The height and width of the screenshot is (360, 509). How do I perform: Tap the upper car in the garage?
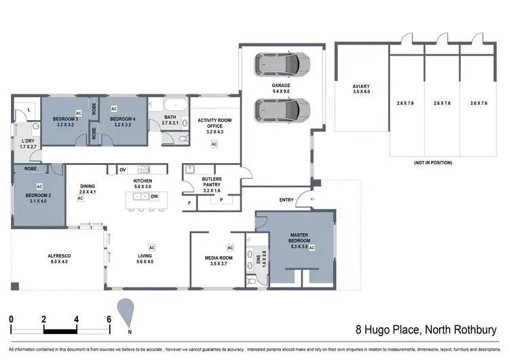[x=281, y=65]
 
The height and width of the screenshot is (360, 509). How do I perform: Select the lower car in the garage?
[x=281, y=109]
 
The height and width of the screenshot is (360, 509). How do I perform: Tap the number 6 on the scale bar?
[x=109, y=319]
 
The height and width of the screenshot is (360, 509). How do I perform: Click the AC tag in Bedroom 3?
[x=79, y=113]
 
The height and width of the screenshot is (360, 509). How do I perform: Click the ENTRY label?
[x=287, y=199]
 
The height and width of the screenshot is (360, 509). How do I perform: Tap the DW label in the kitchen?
[x=155, y=196]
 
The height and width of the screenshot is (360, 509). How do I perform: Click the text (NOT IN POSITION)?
[x=432, y=163]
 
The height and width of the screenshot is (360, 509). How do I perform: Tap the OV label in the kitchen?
[x=123, y=169]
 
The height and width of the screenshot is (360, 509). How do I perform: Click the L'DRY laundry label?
[x=26, y=143]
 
